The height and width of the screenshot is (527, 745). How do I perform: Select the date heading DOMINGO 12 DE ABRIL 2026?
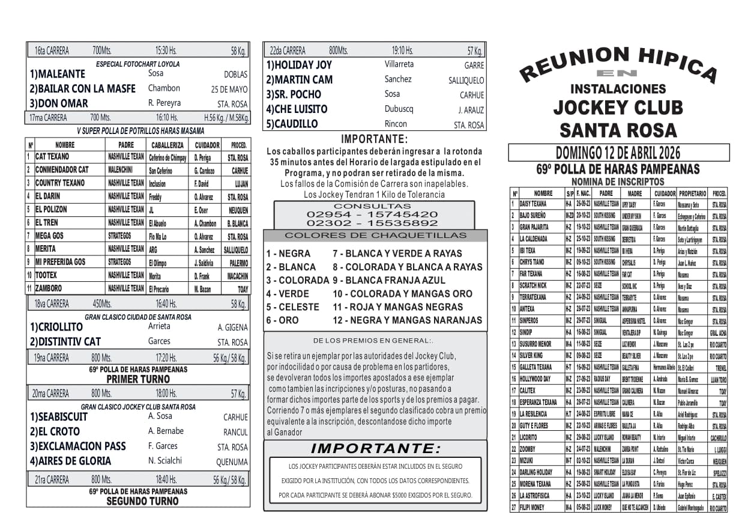tap(618, 153)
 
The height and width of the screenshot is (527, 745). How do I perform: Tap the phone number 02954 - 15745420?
tap(372, 214)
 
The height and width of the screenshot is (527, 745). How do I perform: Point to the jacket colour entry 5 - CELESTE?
tap(292, 307)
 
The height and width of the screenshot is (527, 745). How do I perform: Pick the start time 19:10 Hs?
tap(402, 51)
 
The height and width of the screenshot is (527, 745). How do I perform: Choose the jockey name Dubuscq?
tap(399, 109)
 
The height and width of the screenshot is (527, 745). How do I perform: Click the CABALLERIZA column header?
tap(167, 145)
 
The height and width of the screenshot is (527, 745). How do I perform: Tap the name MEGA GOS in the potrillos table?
tap(49, 236)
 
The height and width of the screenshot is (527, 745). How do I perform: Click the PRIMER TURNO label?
tap(138, 380)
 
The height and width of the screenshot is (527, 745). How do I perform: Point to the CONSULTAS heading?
tap(372, 206)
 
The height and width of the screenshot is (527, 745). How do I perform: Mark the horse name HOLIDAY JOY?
tap(299, 65)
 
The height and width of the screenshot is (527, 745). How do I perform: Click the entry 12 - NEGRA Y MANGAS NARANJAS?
tap(407, 320)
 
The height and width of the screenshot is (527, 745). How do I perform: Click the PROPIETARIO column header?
tap(692, 193)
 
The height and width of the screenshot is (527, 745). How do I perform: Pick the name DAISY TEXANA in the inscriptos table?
tap(533, 204)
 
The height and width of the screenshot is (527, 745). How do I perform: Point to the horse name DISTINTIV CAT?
tap(65, 342)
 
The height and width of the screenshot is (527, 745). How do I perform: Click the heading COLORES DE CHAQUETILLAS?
tap(375, 236)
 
